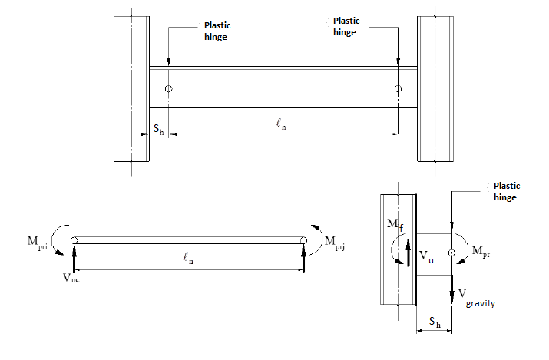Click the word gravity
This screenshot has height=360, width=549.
pyautogui.click(x=479, y=302)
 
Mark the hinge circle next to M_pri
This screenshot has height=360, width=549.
pyautogui.click(x=74, y=241)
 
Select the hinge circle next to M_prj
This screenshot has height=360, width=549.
pyautogui.click(x=304, y=241)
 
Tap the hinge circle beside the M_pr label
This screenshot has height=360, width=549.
pyautogui.click(x=452, y=252)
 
